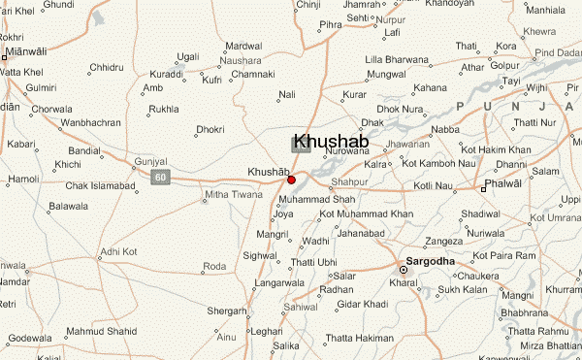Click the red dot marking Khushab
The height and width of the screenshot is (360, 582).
click(291, 180)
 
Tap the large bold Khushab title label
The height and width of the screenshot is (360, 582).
click(329, 141)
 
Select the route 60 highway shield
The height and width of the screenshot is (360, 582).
click(160, 176)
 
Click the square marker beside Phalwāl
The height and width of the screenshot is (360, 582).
click(483, 188)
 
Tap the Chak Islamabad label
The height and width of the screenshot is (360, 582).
click(99, 185)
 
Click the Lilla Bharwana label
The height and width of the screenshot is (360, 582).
click(397, 60)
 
